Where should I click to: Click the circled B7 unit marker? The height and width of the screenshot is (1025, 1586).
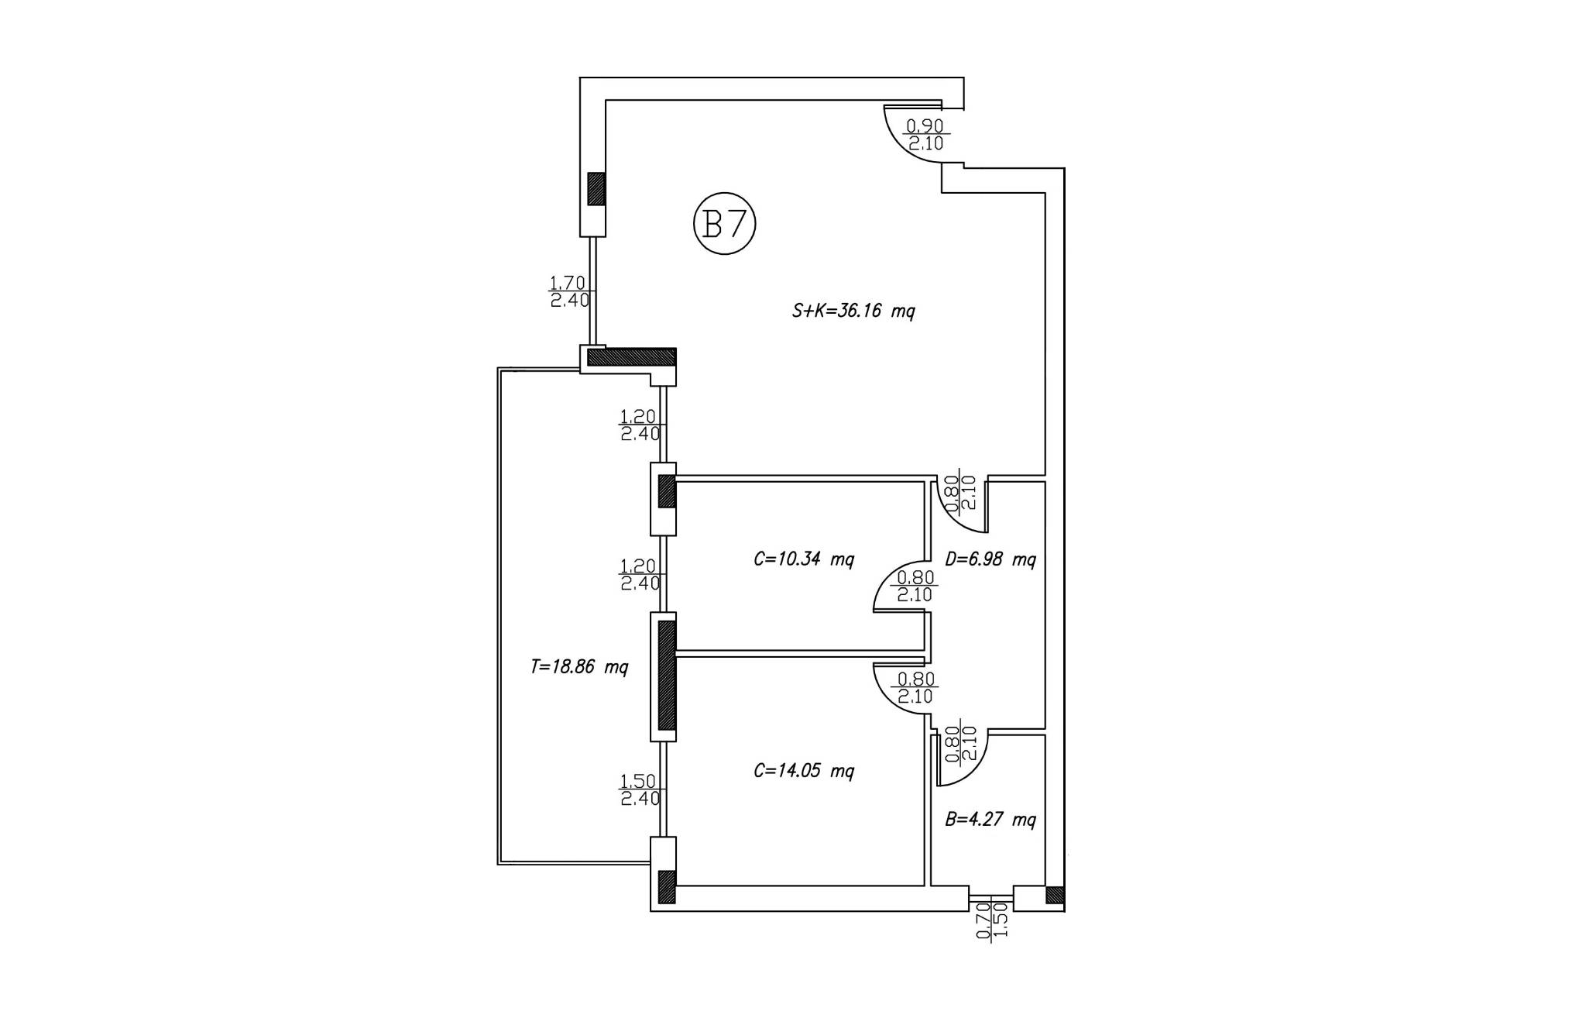click(x=724, y=225)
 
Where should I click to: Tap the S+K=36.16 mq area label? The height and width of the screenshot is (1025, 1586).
click(x=853, y=311)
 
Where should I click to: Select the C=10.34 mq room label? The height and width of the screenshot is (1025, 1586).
click(x=804, y=559)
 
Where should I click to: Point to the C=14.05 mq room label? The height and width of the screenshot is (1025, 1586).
click(x=804, y=771)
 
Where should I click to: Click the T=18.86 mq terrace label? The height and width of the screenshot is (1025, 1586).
click(x=579, y=667)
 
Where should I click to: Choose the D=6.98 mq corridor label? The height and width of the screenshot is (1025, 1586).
click(x=990, y=559)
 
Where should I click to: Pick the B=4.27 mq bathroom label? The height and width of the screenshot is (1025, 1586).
click(x=990, y=819)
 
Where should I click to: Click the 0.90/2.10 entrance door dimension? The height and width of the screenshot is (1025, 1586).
click(x=925, y=134)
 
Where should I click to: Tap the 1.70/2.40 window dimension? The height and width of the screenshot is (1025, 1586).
click(x=570, y=291)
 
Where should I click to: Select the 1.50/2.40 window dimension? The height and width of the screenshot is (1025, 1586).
click(x=640, y=789)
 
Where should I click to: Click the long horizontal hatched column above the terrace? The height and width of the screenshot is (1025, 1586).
click(x=632, y=357)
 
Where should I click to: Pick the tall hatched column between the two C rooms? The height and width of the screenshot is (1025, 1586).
click(x=667, y=676)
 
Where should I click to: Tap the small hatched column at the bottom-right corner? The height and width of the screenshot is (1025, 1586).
click(x=1055, y=895)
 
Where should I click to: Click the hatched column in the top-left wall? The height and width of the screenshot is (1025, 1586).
click(x=596, y=188)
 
